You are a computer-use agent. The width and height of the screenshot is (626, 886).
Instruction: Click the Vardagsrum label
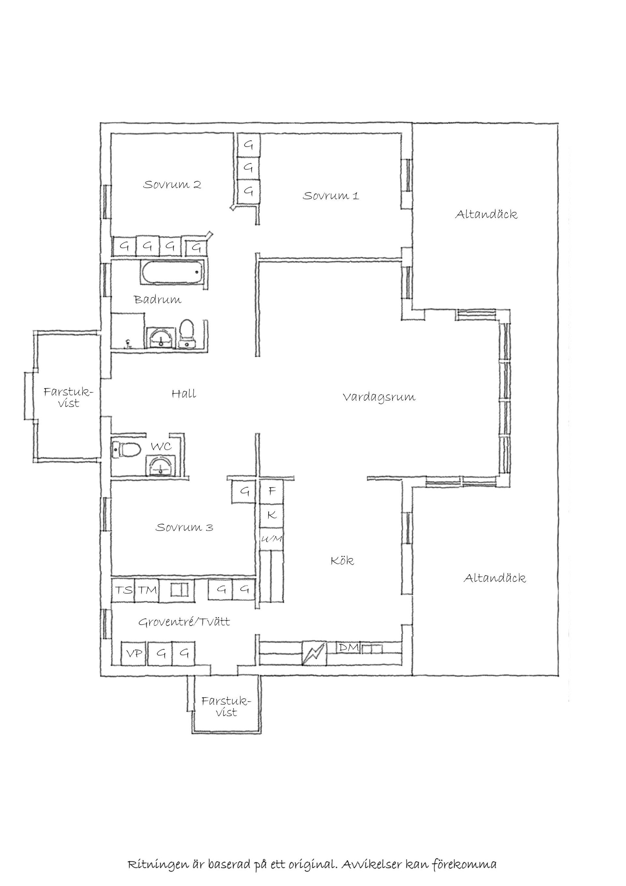coord(379,398)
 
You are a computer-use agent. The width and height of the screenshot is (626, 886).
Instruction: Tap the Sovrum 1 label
coord(331,196)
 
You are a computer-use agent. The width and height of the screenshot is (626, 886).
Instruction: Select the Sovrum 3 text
coord(184,527)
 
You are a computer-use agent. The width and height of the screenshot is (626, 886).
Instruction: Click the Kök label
coord(342,560)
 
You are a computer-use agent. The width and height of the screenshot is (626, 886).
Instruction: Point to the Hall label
coord(184,394)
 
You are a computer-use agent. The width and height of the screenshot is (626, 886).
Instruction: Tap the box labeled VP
coord(135,653)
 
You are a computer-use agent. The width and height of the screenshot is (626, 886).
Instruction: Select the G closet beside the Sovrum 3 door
coord(244,491)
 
